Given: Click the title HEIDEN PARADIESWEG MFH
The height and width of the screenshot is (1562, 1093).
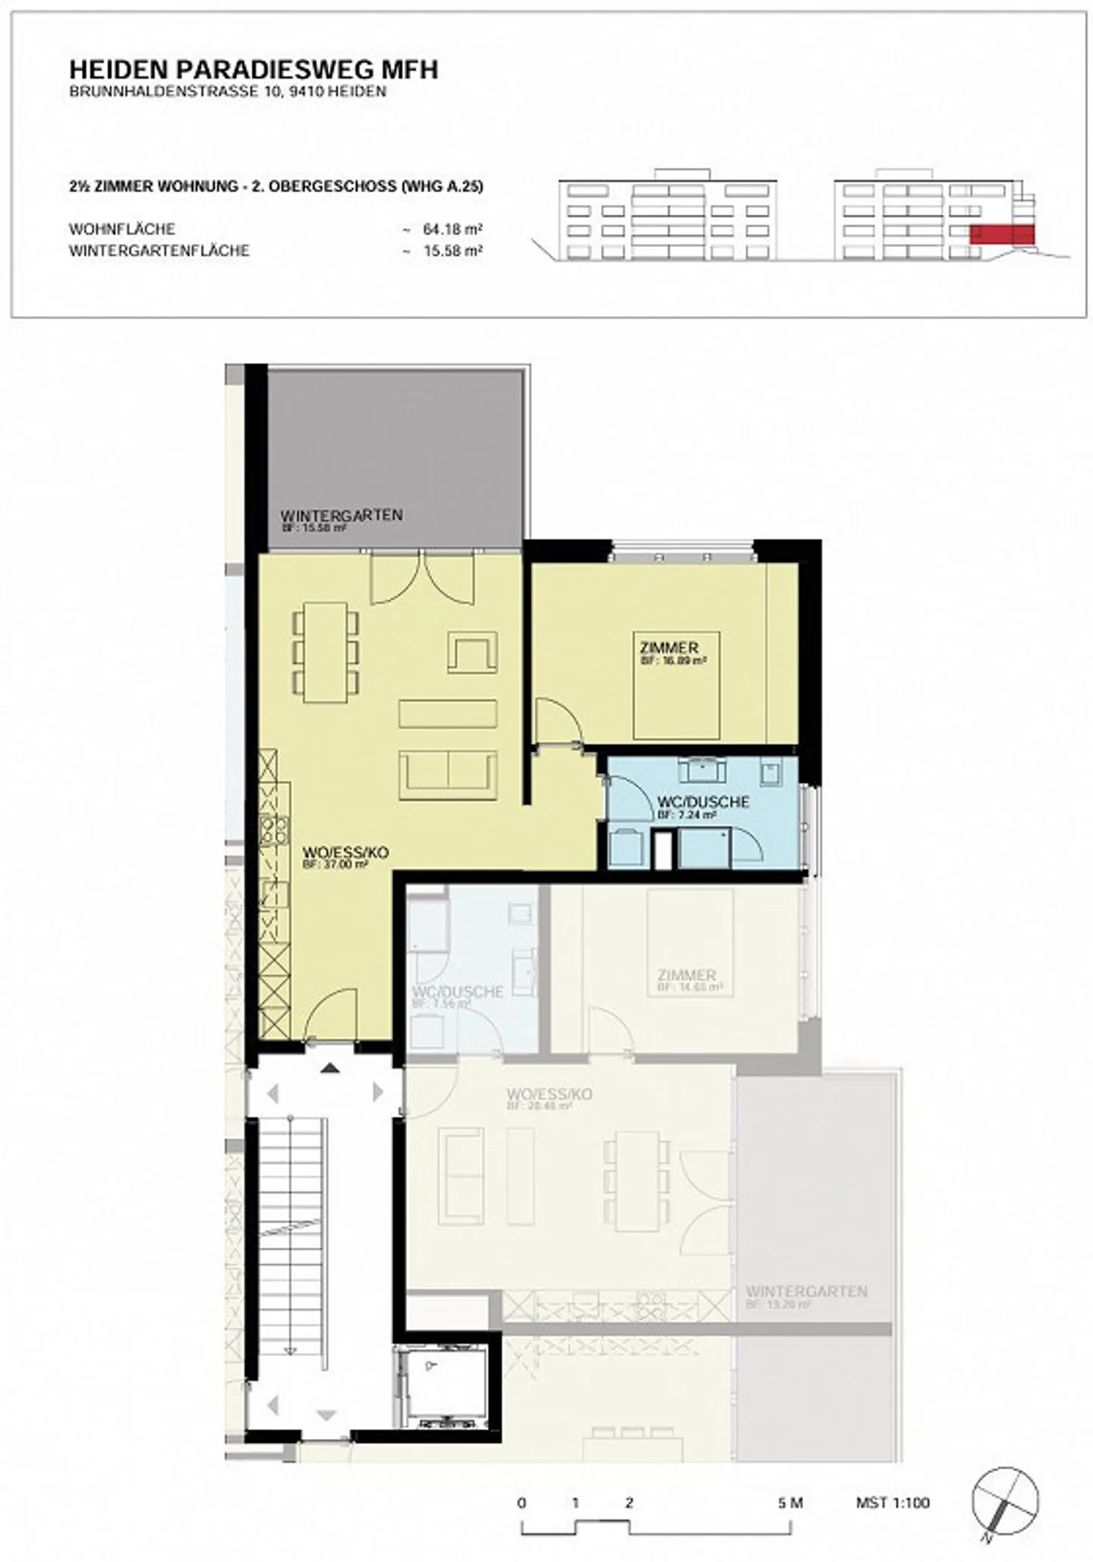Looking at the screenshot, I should pyautogui.click(x=254, y=70).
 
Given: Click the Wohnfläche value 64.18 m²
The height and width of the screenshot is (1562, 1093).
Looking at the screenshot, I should pyautogui.click(x=452, y=229).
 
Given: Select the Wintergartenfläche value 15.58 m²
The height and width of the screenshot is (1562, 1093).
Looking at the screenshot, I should pyautogui.click(x=452, y=251).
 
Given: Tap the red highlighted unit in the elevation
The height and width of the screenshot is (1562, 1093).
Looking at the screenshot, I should pyautogui.click(x=1002, y=234).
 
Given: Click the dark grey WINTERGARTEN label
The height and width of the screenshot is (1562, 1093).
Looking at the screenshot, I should pyautogui.click(x=341, y=515).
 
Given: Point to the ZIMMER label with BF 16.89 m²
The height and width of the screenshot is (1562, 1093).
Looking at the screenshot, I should pyautogui.click(x=669, y=648).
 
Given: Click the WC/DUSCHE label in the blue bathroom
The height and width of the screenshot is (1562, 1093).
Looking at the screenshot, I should pyautogui.click(x=704, y=802).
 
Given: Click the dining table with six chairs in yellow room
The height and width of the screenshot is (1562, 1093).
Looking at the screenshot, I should pyautogui.click(x=326, y=652).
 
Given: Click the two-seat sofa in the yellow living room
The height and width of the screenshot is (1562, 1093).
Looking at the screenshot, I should pyautogui.click(x=448, y=775).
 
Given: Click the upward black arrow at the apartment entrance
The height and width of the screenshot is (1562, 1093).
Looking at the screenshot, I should pyautogui.click(x=329, y=1068).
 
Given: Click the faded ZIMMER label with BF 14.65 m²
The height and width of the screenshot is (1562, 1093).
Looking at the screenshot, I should pyautogui.click(x=687, y=975).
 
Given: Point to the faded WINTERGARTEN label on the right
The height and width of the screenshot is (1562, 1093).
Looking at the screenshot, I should pyautogui.click(x=806, y=1291).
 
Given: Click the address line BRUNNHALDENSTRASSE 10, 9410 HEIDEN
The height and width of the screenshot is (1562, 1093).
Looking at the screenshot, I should pyautogui.click(x=228, y=92).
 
